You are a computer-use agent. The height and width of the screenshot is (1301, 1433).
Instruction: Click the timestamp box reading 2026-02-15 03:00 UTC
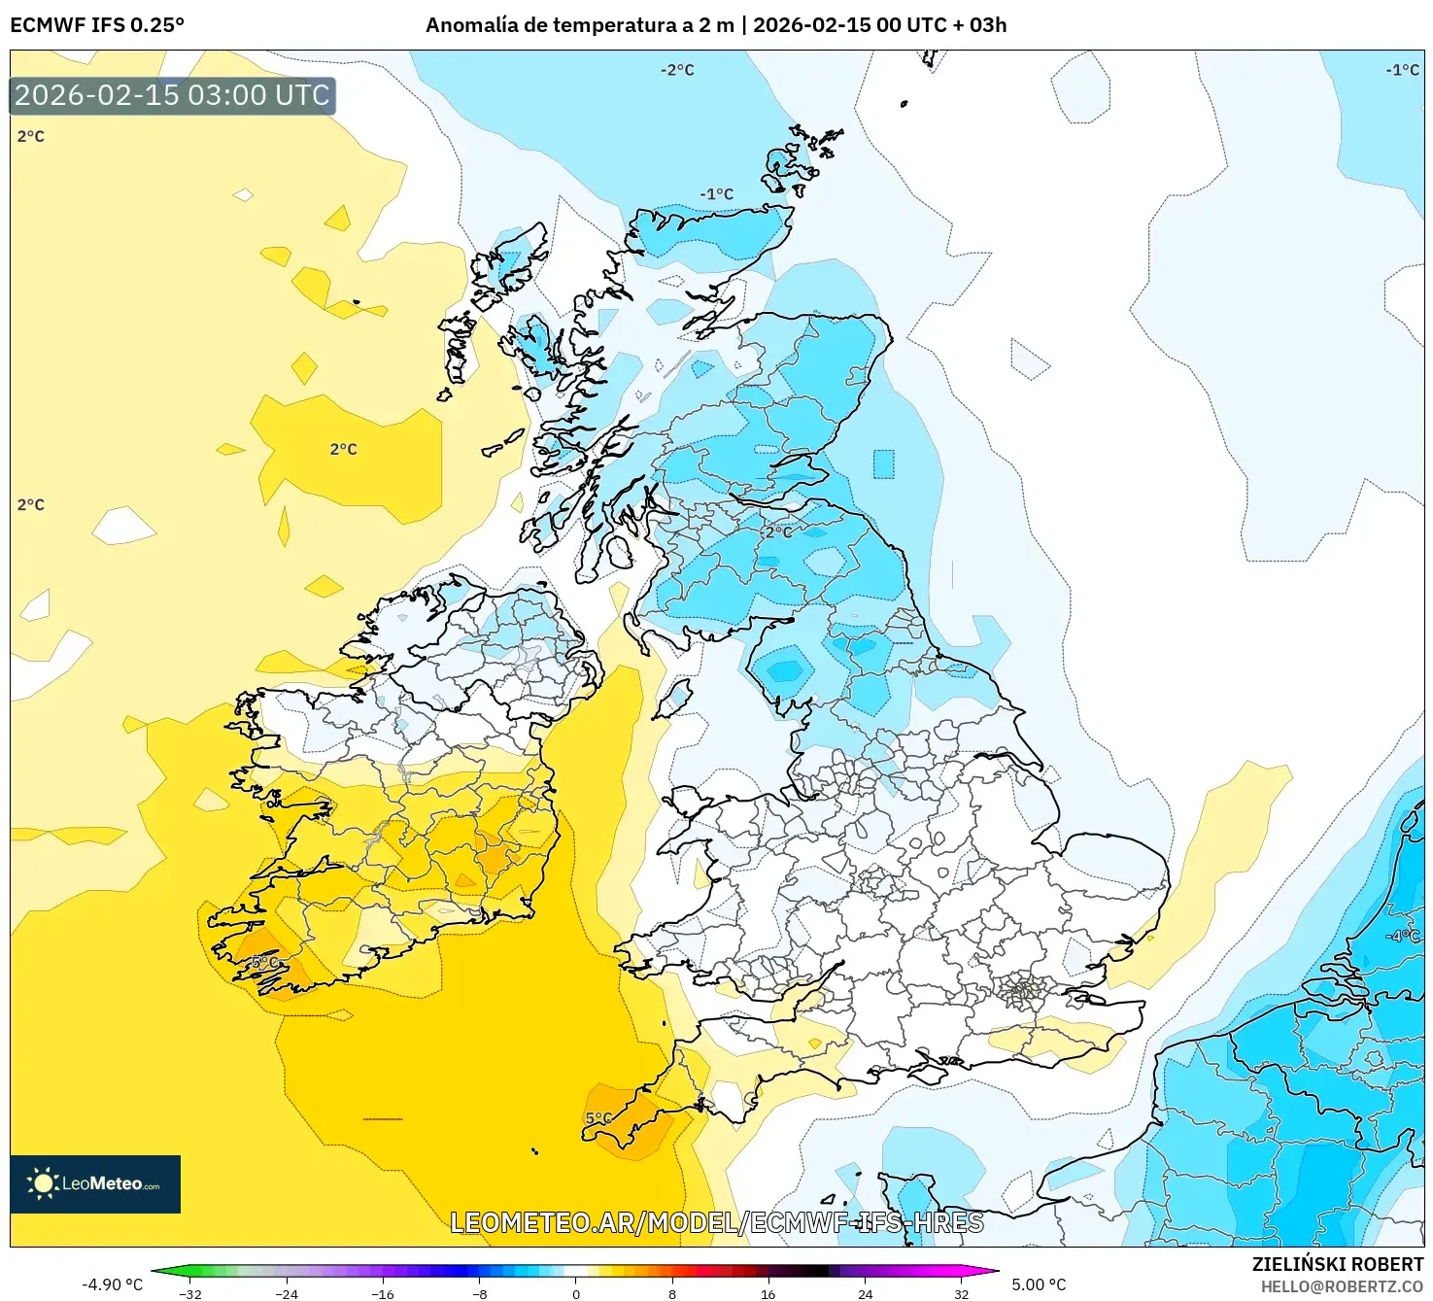coord(172,95)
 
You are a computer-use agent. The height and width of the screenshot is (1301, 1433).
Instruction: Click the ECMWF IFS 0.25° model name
coord(97,25)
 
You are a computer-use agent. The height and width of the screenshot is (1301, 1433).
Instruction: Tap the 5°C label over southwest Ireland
coord(264,962)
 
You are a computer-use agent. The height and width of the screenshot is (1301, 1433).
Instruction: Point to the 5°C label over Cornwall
coord(598,1118)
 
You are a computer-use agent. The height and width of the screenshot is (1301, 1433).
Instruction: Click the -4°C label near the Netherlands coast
coord(1403,936)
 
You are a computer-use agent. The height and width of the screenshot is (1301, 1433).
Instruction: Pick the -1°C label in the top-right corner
coord(1402,70)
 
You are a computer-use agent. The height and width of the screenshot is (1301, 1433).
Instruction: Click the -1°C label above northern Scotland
coord(717,194)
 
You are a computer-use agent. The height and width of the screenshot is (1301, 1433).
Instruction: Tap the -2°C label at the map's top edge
coord(677,70)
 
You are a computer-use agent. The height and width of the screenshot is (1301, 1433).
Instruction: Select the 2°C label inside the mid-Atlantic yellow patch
coord(343,449)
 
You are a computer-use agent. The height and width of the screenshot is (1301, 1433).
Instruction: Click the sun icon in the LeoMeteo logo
coord(43,1183)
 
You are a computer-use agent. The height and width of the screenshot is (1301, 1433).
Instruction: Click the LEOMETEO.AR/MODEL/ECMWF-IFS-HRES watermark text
coord(717,1222)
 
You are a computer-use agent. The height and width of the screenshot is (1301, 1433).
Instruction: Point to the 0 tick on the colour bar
coord(576,1293)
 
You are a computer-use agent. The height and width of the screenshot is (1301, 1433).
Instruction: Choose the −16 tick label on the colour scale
coord(383,1293)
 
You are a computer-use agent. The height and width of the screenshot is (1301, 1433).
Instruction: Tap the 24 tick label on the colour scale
coord(865,1293)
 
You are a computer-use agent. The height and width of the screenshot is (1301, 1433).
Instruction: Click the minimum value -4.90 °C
coord(112,1284)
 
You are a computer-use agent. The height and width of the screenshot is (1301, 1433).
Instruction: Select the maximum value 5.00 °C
coord(1039,1284)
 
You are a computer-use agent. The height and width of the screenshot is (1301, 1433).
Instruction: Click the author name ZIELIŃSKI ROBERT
coord(1337,1264)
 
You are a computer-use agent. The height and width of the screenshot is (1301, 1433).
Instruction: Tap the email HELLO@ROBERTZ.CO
coord(1341,1286)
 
